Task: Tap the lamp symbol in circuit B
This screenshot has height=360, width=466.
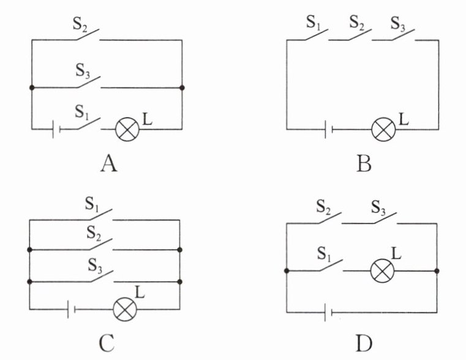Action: click(384, 129)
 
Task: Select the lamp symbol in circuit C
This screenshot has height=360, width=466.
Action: click(126, 309)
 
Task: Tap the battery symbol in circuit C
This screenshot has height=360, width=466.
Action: click(71, 309)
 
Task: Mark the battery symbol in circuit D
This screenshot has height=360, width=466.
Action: click(328, 313)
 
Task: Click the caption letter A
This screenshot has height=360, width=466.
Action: click(108, 163)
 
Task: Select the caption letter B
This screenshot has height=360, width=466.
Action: click(364, 163)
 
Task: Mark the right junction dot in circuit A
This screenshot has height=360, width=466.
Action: click(182, 88)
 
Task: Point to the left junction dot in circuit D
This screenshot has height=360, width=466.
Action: click(287, 271)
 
